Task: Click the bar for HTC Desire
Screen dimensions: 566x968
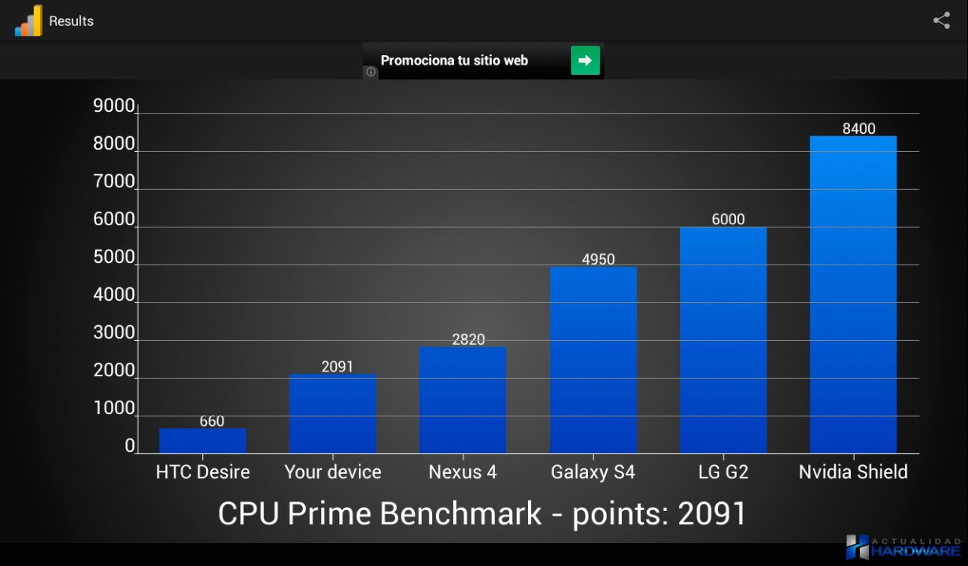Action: click(202, 441)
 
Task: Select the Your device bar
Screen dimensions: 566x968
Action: click(332, 413)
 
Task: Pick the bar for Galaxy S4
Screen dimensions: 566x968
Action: click(593, 360)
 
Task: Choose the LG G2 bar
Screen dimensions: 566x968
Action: click(723, 340)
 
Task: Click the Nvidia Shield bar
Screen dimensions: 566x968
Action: click(853, 294)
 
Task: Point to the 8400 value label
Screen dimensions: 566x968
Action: click(859, 129)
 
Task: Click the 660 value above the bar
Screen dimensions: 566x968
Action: click(212, 421)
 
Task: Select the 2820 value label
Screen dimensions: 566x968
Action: click(468, 339)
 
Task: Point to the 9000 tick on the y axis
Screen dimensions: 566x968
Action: click(114, 106)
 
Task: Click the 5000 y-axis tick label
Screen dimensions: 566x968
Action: click(114, 257)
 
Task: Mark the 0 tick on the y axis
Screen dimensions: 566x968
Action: click(130, 446)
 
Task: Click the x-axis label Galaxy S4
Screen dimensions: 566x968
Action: click(593, 472)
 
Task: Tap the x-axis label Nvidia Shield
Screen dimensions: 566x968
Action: click(853, 472)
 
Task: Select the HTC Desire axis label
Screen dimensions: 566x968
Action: click(202, 472)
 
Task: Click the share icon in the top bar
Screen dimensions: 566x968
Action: click(941, 20)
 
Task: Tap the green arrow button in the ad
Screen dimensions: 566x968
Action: click(585, 61)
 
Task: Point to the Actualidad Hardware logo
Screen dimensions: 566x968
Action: click(903, 548)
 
